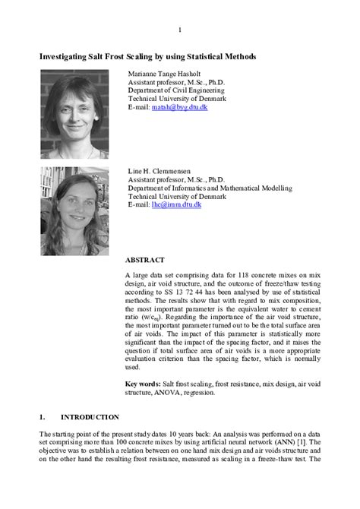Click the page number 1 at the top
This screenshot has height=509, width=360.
pyautogui.click(x=180, y=30)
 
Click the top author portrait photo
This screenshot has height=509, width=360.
pyautogui.click(x=74, y=114)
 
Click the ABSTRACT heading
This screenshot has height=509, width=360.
pyautogui.click(x=144, y=260)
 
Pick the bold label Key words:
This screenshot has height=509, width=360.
pyautogui.click(x=143, y=384)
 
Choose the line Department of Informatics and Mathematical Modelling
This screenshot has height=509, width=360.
pyautogui.click(x=212, y=188)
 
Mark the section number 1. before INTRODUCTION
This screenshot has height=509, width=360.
pyautogui.click(x=43, y=417)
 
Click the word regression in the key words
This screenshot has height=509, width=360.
pyautogui.click(x=197, y=394)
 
